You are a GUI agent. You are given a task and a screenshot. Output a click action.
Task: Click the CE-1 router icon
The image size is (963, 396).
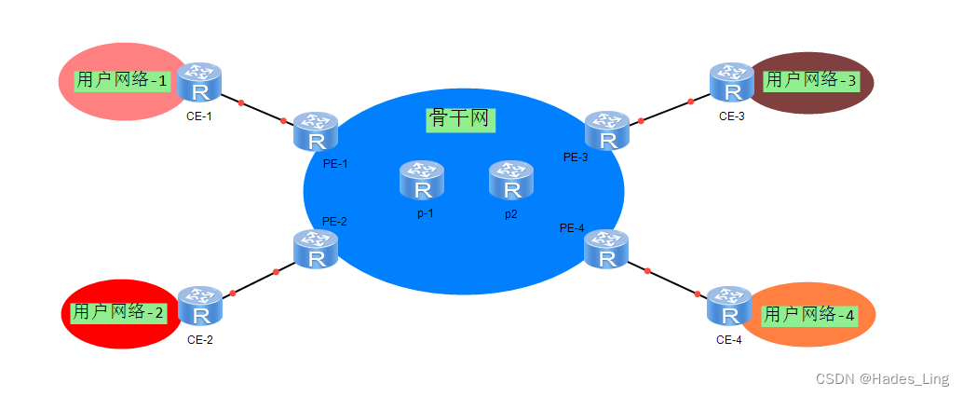click(198, 83)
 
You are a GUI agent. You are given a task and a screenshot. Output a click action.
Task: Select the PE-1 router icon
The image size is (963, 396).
click(316, 132)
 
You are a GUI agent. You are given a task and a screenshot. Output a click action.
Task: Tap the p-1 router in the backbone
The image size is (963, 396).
click(422, 181)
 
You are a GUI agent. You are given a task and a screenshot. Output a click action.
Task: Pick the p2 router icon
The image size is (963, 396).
click(511, 181)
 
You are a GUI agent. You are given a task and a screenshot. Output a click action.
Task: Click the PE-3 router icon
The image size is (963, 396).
click(607, 131)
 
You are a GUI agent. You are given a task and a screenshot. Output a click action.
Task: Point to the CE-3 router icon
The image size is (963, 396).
click(732, 83)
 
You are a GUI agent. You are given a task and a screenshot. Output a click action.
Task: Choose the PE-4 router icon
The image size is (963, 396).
click(606, 250)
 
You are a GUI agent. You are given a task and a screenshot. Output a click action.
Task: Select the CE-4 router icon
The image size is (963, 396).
click(729, 307)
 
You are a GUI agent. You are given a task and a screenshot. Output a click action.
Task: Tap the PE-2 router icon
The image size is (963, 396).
click(316, 250)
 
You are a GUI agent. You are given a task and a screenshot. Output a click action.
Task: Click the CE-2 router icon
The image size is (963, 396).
click(199, 307)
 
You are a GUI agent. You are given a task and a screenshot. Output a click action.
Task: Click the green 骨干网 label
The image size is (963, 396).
click(460, 119)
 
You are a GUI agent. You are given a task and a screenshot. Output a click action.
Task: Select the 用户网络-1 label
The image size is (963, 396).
click(122, 80)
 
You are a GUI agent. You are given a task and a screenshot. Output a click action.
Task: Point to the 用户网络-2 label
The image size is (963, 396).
click(117, 312)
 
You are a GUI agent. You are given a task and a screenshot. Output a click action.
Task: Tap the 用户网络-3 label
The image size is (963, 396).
click(810, 80)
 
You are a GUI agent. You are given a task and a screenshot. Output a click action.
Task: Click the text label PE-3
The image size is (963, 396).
click(576, 157)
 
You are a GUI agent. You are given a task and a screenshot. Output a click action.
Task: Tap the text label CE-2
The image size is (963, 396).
click(200, 340)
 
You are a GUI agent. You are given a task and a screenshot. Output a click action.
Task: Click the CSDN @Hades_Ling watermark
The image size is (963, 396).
click(882, 379)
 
